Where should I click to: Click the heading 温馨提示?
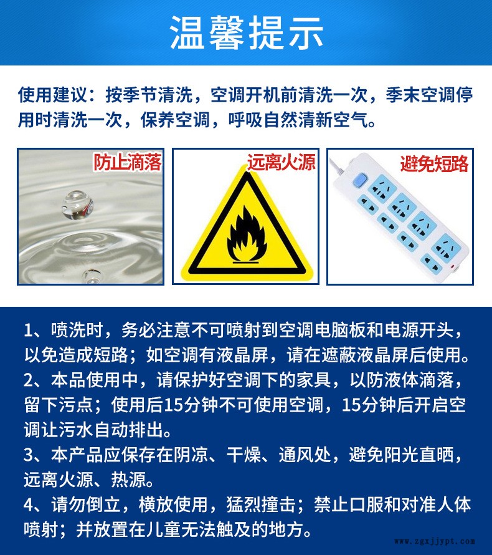pos(247,32)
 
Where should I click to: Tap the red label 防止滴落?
pos(127,162)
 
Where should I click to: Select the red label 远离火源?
pos(281,163)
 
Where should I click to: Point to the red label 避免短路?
pos(434,163)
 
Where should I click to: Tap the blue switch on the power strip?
pos(360,180)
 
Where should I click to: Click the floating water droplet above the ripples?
pos(77,205)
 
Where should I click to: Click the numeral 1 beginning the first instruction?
pos(29,331)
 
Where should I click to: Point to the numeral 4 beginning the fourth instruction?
pos(29,505)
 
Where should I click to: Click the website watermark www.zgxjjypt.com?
pos(435,541)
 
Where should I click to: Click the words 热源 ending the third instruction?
pos(129,480)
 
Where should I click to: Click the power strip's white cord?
pos(337,167)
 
